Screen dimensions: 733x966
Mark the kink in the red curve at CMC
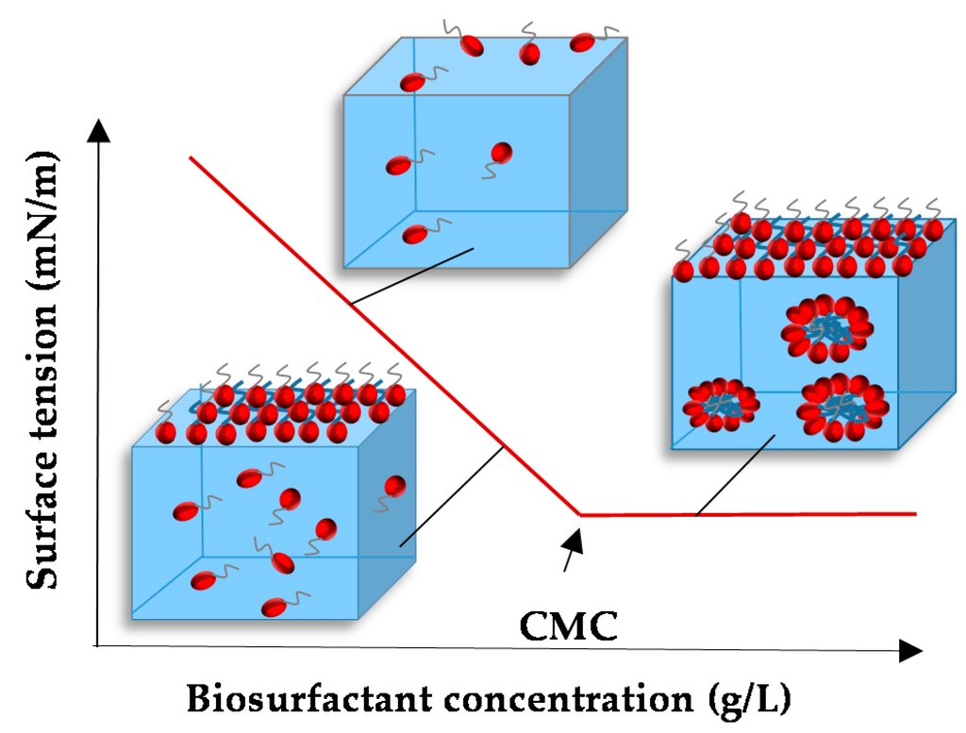[580, 514]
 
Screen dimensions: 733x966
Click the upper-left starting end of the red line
[192, 158]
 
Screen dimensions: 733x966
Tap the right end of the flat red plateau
[914, 513]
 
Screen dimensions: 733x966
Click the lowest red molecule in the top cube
[414, 234]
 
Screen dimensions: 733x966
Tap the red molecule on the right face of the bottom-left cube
[394, 487]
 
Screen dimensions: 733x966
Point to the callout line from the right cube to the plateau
[736, 475]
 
